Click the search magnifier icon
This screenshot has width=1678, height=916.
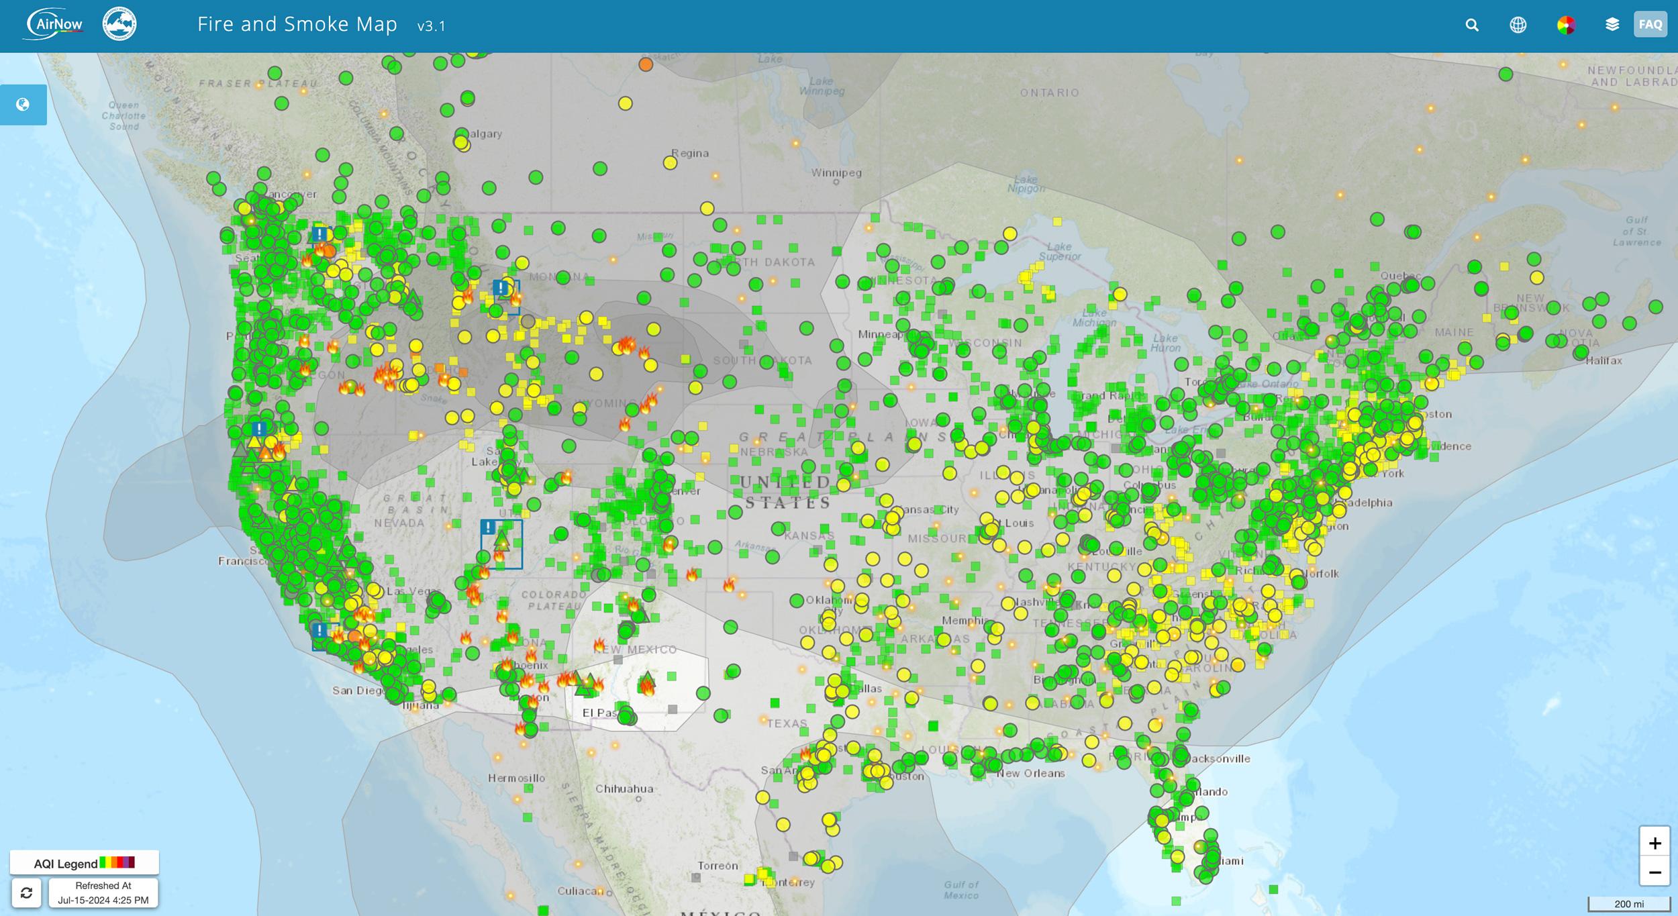point(1472,26)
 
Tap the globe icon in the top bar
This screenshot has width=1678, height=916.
point(1518,26)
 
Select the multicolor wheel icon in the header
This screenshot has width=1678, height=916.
point(1566,26)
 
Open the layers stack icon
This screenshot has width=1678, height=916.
point(1612,25)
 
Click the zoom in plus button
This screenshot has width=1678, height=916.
point(1655,843)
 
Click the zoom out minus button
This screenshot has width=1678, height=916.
point(1655,872)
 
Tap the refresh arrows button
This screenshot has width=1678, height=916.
point(26,893)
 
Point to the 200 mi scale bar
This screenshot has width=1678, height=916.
point(1629,904)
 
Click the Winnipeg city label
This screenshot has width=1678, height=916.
point(836,173)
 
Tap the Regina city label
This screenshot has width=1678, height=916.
point(690,153)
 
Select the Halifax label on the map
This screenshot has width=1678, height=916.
point(1603,360)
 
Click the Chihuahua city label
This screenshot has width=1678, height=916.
point(624,788)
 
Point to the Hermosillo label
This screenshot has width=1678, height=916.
point(516,778)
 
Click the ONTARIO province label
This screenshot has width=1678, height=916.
point(1050,93)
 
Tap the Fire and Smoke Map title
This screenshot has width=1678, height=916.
point(297,25)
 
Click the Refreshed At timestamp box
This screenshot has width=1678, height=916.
point(103,893)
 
